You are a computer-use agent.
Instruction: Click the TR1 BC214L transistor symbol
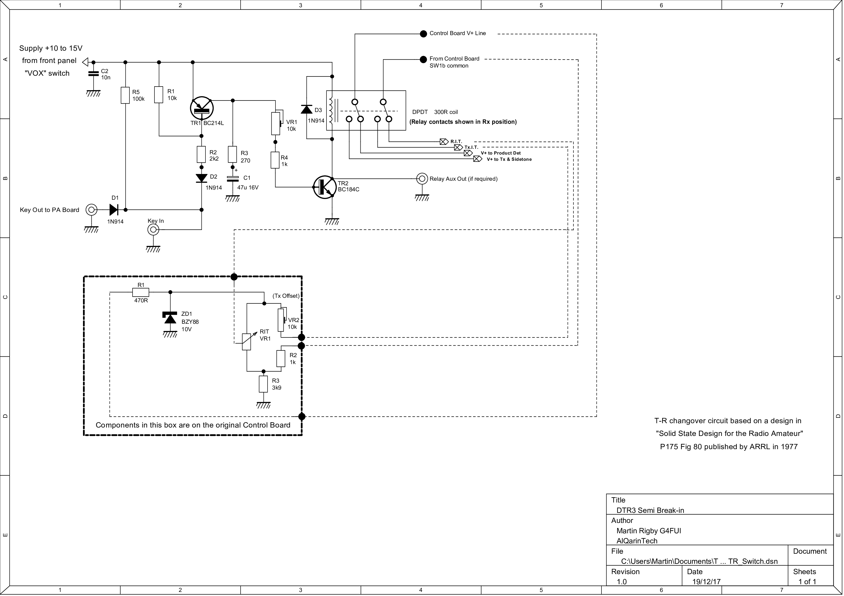202,108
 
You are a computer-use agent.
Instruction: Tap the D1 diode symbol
114,210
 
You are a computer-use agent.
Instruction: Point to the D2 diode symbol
201,178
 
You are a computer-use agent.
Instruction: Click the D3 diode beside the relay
307,109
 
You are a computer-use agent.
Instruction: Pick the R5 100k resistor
125,95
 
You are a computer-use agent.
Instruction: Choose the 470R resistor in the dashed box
141,292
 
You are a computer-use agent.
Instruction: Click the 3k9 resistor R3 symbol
263,384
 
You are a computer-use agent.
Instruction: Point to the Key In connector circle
153,230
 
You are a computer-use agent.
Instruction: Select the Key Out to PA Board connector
91,210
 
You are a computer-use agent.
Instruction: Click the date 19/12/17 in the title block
707,582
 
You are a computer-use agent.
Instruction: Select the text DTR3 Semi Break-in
650,510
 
